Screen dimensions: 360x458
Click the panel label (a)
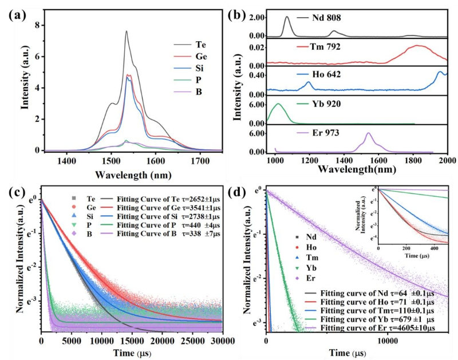(x=17, y=13)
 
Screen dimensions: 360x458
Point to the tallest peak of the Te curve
(x=127, y=31)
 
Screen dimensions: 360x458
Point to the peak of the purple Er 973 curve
(x=368, y=133)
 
